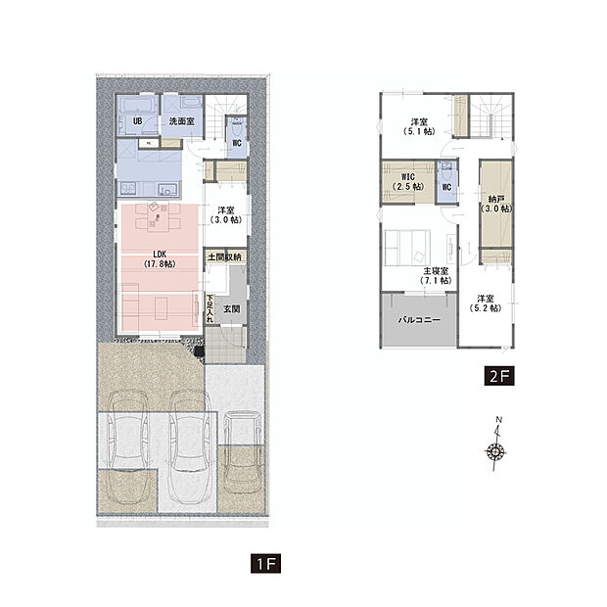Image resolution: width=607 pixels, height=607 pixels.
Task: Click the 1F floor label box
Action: pos(265,563)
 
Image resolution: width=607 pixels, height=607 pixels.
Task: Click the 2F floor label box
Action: pos(499,376)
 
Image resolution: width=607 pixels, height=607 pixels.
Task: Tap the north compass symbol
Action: pos(496,446)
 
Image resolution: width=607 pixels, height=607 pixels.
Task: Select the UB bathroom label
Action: pos(137,121)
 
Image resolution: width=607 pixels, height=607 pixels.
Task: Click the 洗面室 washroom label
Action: pos(181,121)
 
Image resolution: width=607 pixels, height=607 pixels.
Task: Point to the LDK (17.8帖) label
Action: pos(160,259)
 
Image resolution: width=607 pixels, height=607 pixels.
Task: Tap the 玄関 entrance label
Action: pos(231,309)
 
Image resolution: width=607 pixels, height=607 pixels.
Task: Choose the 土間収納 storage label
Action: pos(225,257)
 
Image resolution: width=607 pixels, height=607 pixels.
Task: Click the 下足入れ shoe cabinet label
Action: pos(210,308)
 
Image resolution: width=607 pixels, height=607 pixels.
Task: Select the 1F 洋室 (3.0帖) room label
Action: pos(226,215)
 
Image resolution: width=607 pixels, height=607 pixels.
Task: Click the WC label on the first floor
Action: pos(237,143)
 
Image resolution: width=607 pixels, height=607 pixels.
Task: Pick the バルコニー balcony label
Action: pos(419,320)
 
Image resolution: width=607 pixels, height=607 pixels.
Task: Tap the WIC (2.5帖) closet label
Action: pos(408,181)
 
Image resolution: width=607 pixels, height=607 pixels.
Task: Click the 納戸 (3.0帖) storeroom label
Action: pos(496,204)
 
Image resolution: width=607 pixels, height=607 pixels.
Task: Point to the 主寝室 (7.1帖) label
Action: pos(436,276)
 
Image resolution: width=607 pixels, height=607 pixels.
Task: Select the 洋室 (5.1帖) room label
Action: pos(419,126)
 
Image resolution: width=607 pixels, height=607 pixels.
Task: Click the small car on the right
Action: pos(241,451)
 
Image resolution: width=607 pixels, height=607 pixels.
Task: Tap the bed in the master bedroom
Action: pos(407,248)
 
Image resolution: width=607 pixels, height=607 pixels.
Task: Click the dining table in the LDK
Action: pos(158,217)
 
